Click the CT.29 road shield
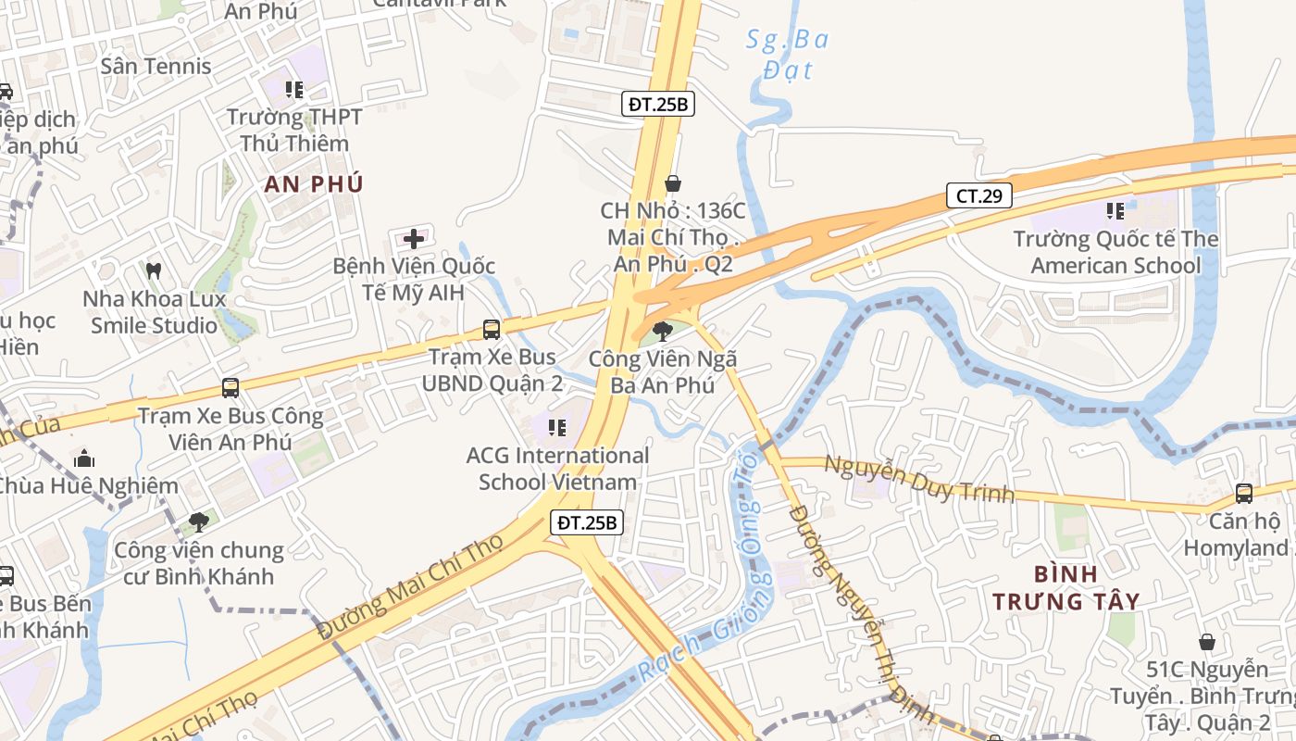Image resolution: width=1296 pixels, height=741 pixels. pyautogui.click(x=978, y=195)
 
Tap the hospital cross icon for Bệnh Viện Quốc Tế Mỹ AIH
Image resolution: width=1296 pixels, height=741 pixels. pyautogui.click(x=414, y=239)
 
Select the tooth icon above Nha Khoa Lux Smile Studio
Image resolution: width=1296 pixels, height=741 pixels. pyautogui.click(x=154, y=271)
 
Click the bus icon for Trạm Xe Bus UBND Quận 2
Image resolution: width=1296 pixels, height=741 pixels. pyautogui.click(x=492, y=329)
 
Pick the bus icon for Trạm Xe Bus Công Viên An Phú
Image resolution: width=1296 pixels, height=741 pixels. pyautogui.click(x=231, y=388)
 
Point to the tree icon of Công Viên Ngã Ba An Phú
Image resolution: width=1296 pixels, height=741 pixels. pyautogui.click(x=663, y=331)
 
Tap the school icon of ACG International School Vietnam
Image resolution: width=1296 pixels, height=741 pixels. pyautogui.click(x=557, y=427)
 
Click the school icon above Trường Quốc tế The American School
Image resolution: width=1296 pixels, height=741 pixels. pyautogui.click(x=1115, y=211)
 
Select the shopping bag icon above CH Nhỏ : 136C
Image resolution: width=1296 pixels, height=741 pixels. pyautogui.click(x=673, y=183)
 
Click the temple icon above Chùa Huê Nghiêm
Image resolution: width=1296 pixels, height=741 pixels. pyautogui.click(x=84, y=458)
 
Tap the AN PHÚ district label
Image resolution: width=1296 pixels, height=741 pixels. pyautogui.click(x=314, y=183)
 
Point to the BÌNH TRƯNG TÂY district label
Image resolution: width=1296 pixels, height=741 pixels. pyautogui.click(x=1065, y=587)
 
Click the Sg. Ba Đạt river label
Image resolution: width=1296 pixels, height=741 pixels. pyautogui.click(x=788, y=54)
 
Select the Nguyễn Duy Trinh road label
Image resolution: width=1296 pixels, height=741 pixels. pyautogui.click(x=918, y=478)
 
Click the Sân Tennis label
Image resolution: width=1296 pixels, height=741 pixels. pyautogui.click(x=156, y=66)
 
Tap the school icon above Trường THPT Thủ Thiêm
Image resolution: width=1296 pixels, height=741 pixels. pyautogui.click(x=294, y=90)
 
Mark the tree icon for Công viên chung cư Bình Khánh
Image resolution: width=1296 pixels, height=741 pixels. pyautogui.click(x=199, y=522)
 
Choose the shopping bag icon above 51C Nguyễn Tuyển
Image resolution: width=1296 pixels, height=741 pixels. pyautogui.click(x=1207, y=642)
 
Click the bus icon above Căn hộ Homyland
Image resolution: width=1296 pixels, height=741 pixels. pyautogui.click(x=1244, y=494)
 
